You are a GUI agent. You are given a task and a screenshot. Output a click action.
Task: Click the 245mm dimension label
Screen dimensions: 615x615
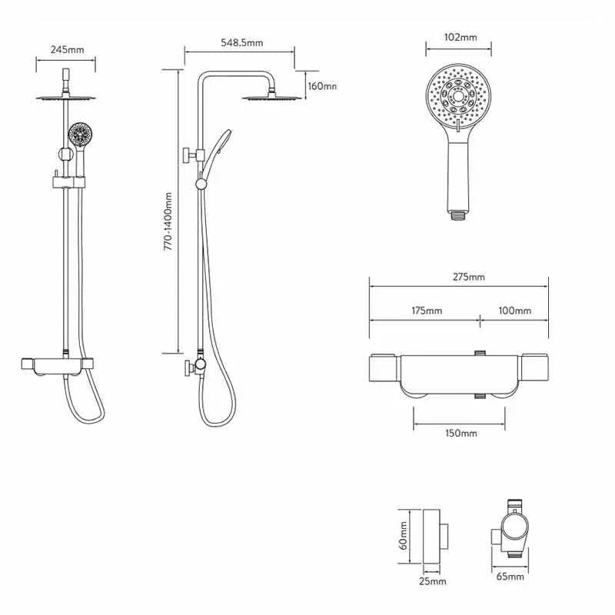[67, 50]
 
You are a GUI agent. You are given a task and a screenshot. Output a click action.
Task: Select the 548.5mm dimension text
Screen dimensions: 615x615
[241, 42]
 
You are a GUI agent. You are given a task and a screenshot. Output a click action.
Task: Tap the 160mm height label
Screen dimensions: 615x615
[322, 86]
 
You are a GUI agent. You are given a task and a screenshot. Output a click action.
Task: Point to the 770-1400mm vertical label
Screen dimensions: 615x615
[168, 221]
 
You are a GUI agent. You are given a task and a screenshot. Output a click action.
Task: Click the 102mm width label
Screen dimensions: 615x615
[460, 37]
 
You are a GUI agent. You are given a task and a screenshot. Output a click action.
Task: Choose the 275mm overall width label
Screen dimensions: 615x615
[469, 277]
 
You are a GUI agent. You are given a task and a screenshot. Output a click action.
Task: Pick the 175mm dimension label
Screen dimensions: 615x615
[427, 311]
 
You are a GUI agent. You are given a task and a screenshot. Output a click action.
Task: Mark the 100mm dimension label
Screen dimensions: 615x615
[515, 311]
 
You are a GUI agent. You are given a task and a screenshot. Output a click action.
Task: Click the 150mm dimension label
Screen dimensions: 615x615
[461, 434]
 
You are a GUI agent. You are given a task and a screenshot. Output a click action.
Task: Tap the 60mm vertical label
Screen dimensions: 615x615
[404, 535]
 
